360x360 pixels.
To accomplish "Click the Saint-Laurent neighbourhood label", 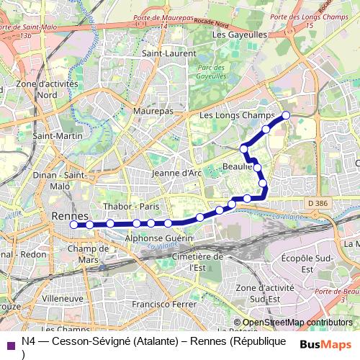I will tap(164, 53).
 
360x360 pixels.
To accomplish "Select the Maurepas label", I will tap(153, 112).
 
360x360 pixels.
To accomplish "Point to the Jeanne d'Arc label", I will tap(176, 173).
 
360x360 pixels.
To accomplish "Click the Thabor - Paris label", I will tap(131, 206).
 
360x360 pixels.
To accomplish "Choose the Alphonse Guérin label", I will tap(159, 237).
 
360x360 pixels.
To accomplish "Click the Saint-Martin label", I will tap(57, 135).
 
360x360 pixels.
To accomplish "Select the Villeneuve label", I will tap(63, 297).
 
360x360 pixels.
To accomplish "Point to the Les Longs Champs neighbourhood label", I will tap(237, 115).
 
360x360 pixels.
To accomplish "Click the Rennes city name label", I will tap(70, 216).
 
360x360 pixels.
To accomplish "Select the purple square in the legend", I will tap(10, 345).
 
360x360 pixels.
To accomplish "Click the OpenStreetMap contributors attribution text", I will tap(297, 323).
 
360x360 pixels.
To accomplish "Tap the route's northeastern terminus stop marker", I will tap(286, 114).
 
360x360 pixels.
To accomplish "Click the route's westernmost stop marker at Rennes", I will tap(73, 225).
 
